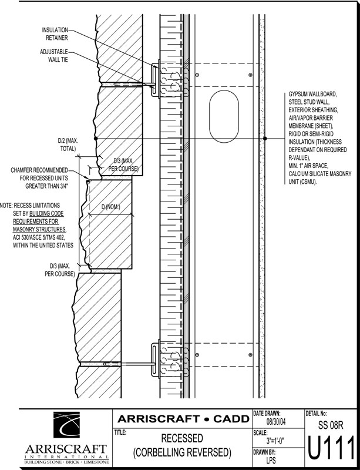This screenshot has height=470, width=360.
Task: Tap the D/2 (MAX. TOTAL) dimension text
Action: (x=68, y=145)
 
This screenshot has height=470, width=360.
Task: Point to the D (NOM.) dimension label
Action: (x=112, y=207)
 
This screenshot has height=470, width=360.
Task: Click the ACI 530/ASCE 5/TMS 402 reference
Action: (x=47, y=237)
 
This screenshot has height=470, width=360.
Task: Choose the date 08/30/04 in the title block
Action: (x=277, y=421)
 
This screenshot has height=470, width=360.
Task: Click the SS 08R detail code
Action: (x=329, y=424)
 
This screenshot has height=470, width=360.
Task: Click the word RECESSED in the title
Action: (x=182, y=439)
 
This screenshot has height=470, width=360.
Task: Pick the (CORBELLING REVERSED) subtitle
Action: (x=182, y=453)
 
